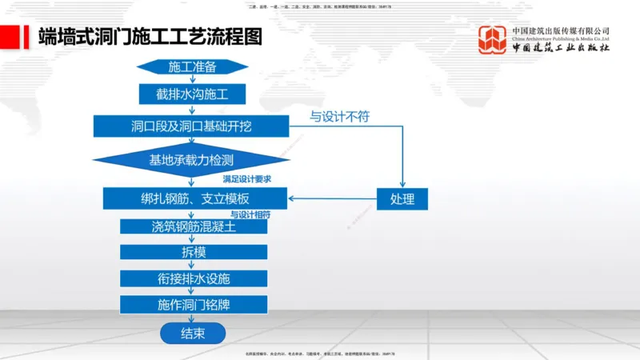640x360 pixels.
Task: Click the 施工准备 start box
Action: coord(192,66)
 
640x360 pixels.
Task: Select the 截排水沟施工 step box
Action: coord(192,94)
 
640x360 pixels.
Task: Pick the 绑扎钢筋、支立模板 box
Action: coord(194,198)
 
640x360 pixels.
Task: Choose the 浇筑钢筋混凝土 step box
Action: coord(193,226)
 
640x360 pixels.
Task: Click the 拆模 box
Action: coord(193,252)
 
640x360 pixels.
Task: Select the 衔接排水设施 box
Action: coord(193,278)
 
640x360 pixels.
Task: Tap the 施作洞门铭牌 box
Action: coord(193,305)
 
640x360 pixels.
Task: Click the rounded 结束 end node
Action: coord(193,333)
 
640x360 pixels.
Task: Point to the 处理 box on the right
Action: coord(402,198)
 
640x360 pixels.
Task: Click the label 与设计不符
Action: coord(340,117)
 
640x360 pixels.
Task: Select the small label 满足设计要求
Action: coord(246,178)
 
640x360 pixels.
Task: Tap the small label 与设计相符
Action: coord(250,214)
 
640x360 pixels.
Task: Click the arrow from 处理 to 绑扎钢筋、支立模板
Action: coord(332,198)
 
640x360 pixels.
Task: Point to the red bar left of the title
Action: coord(10,36)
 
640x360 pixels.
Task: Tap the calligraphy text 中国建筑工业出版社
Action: coord(561,49)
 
